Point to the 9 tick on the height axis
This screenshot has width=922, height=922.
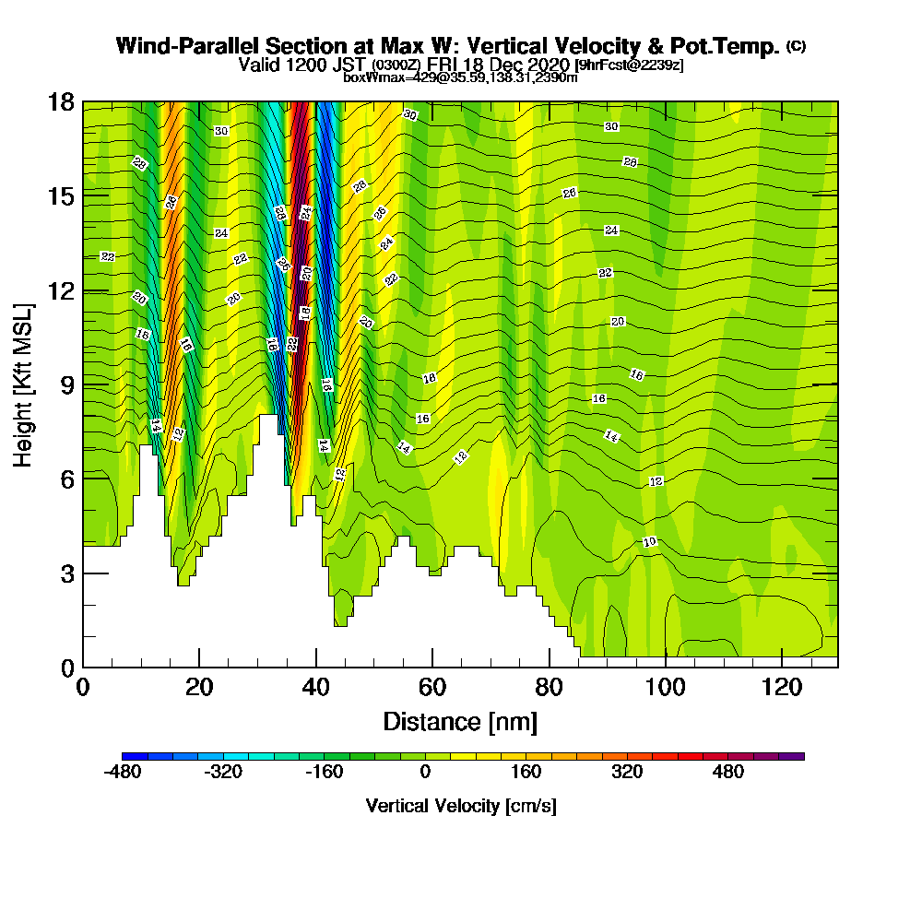click(x=83, y=384)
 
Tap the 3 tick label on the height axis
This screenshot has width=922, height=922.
click(x=67, y=573)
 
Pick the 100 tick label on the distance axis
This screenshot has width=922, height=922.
click(x=665, y=688)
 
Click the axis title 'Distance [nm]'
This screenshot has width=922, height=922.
click(x=460, y=721)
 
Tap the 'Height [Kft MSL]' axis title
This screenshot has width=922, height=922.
click(x=24, y=384)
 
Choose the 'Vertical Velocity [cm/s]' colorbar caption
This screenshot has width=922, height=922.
click(x=461, y=806)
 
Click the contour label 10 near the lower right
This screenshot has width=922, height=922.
click(x=649, y=542)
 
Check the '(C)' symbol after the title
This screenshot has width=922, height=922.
click(x=796, y=46)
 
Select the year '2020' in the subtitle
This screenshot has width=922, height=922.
click(x=546, y=65)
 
